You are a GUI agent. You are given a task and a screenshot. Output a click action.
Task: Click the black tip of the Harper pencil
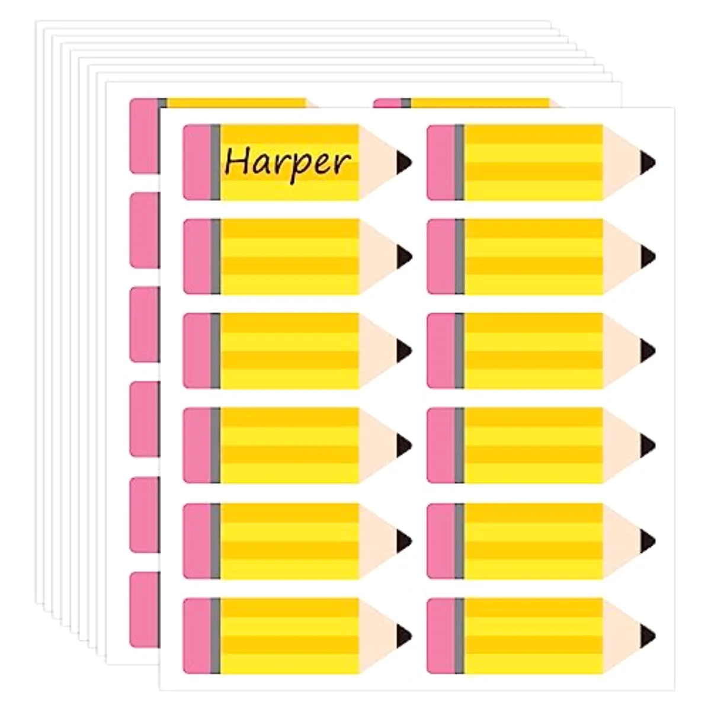[403, 162]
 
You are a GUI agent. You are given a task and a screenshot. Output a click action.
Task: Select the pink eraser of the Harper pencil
[197, 162]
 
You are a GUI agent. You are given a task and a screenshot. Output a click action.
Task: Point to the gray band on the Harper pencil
[216, 162]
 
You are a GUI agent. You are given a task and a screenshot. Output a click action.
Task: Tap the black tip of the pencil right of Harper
[648, 162]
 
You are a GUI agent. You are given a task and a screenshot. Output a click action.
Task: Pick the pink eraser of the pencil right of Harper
[441, 162]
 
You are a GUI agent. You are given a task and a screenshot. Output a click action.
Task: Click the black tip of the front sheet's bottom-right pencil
[648, 636]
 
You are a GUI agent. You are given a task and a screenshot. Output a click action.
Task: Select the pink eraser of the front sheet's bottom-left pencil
[197, 636]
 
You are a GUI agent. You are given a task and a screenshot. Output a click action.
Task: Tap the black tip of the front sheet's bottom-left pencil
[403, 636]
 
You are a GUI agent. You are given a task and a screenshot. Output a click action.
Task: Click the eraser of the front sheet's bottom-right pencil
[441, 636]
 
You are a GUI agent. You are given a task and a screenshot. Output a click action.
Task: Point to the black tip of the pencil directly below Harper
[403, 257]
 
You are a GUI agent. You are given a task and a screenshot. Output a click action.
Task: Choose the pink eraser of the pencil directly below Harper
[197, 257]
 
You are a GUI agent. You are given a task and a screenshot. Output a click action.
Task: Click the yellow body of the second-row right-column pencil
[533, 257]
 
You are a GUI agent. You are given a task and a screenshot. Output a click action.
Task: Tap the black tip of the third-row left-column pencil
[403, 351]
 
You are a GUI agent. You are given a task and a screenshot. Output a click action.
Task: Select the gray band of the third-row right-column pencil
[460, 351]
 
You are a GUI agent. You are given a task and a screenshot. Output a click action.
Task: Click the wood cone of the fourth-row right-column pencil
[621, 446]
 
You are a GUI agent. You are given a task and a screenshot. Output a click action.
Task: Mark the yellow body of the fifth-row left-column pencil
[290, 541]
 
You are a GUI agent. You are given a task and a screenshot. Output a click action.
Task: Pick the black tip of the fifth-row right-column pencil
[648, 540]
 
